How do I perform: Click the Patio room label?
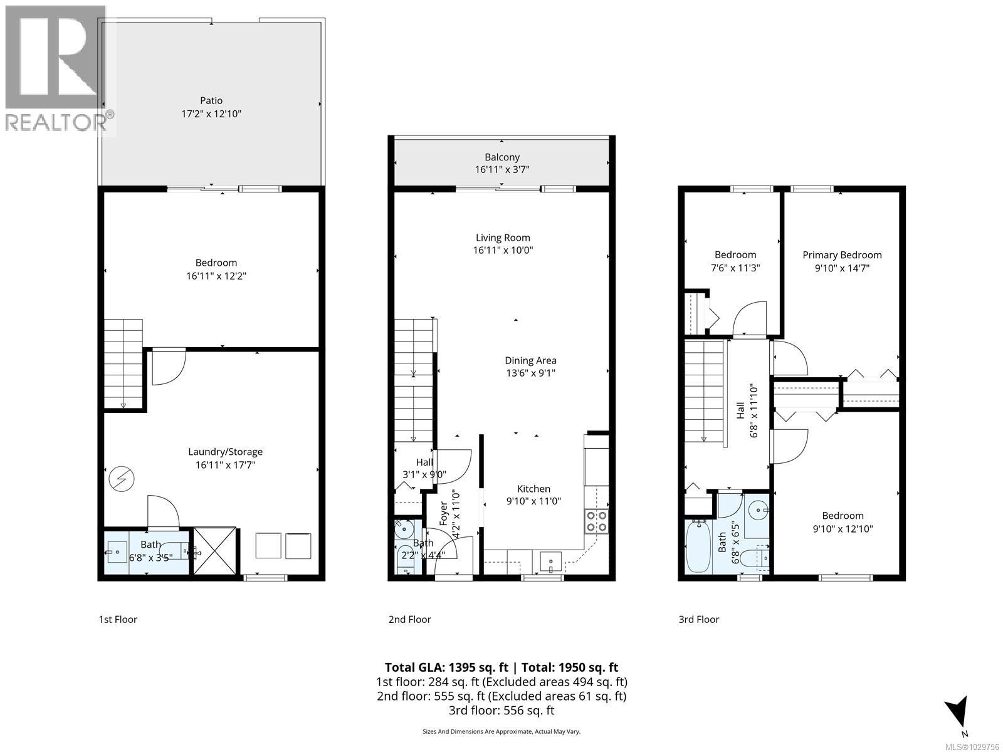[211, 100]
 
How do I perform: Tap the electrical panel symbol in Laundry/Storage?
[122, 480]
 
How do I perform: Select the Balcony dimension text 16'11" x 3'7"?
[501, 170]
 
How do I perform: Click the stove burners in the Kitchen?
[596, 521]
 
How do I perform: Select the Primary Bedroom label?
[842, 255]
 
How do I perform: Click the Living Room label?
[503, 238]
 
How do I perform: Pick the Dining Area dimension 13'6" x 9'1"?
[530, 373]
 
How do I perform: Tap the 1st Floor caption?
[117, 619]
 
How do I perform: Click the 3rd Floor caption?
[698, 619]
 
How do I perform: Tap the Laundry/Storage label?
[226, 452]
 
